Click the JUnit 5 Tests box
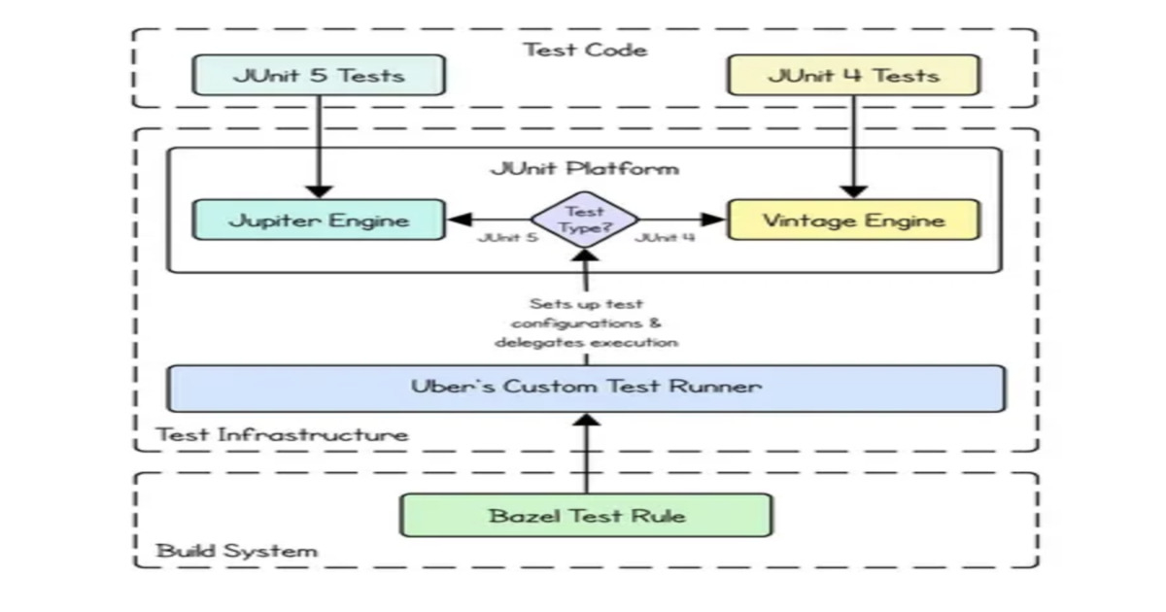[319, 75]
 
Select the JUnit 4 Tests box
[853, 75]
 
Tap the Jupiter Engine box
[319, 220]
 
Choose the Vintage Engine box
[853, 220]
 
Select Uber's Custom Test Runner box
[585, 388]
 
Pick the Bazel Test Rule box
[586, 515]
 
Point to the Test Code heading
[585, 49]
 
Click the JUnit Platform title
[585, 168]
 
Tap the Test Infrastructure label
[283, 433]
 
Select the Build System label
[237, 551]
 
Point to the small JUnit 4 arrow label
[665, 238]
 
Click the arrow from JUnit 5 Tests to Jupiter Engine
[319, 146]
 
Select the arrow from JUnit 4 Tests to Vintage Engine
[853, 146]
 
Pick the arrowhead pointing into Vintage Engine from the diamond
[716, 220]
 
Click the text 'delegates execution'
[585, 342]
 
